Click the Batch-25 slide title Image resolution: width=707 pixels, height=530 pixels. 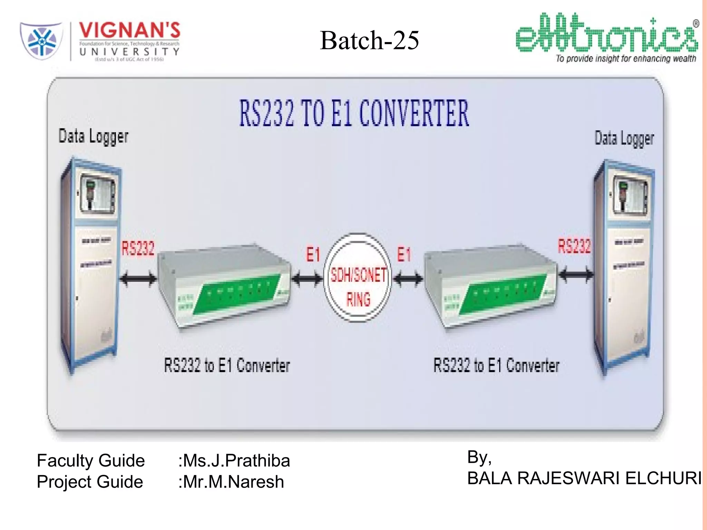369,40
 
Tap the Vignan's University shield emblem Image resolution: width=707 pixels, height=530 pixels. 42,40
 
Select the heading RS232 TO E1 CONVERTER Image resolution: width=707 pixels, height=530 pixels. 354,113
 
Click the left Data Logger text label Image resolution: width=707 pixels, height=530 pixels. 93,136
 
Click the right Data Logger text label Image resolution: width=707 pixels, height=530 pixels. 624,138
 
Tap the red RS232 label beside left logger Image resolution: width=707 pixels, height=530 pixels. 138,248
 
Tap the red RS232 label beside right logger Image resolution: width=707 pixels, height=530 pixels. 574,246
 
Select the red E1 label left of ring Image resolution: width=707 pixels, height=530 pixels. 313,255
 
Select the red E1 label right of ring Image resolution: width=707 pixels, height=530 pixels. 404,255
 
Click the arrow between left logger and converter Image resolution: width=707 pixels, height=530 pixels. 138,278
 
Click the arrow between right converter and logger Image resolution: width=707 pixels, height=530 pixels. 576,275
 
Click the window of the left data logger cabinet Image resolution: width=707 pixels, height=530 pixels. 97,194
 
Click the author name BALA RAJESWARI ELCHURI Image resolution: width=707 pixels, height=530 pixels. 584,478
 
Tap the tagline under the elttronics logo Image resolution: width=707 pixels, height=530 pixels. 626,59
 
